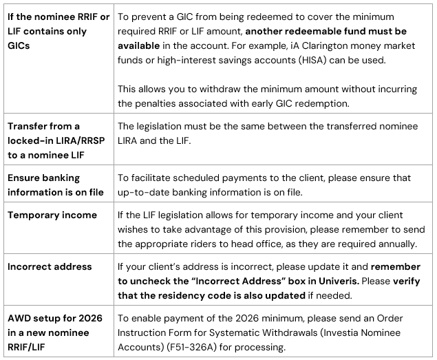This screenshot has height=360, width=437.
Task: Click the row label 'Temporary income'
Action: click(52, 215)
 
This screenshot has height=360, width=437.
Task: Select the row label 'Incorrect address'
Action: click(50, 266)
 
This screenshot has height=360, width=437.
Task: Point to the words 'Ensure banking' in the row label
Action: click(44, 178)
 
